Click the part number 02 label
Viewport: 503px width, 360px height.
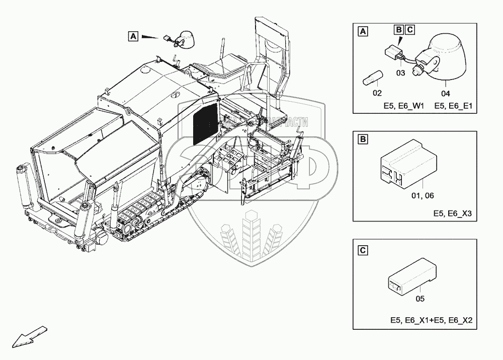point(377,93)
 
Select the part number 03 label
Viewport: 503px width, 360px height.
point(400,73)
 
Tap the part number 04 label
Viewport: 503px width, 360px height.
point(446,93)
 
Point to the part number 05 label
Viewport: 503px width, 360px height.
point(421,299)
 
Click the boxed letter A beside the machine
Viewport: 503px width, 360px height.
point(133,36)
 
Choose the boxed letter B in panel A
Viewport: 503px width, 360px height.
point(399,30)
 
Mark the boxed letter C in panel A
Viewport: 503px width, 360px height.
point(409,30)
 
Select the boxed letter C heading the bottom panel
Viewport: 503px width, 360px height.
point(363,250)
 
